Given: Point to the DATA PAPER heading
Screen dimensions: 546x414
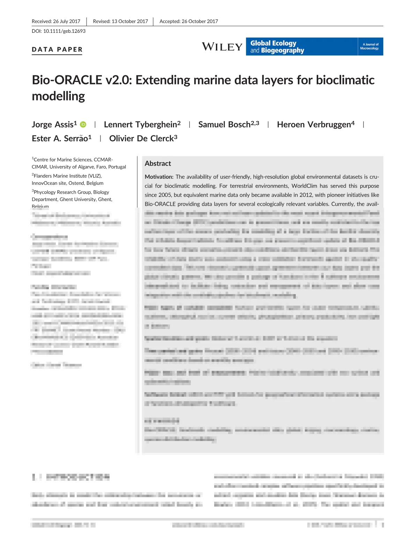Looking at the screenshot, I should (57, 50).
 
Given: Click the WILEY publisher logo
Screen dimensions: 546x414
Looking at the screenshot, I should (222, 47).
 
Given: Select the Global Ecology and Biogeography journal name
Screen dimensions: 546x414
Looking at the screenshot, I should (277, 47).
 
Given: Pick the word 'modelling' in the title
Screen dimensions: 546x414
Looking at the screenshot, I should (58, 96).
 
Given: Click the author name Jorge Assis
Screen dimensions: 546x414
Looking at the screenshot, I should (53, 125).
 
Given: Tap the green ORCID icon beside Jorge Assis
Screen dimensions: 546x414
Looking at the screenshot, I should (83, 125).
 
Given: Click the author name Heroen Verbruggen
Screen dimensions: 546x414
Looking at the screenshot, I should (314, 125).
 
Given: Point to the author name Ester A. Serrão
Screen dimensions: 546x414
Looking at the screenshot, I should (60, 139).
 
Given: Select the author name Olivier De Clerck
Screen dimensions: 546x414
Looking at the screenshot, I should (141, 139).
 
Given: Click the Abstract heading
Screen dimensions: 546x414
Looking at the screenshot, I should (158, 164).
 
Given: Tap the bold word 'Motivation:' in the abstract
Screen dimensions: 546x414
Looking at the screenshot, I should (159, 177).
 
